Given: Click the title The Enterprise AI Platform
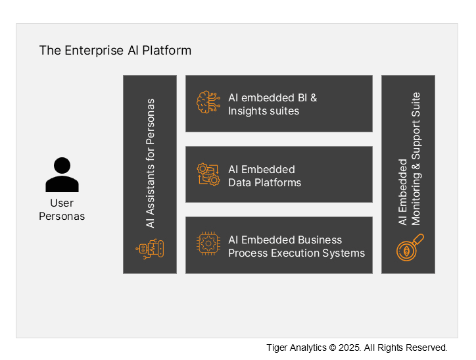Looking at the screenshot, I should pyautogui.click(x=115, y=50).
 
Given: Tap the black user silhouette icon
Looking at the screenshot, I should pyautogui.click(x=62, y=174).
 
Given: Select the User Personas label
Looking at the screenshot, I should pyautogui.click(x=62, y=209).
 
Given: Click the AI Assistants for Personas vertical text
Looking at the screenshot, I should pyautogui.click(x=151, y=163).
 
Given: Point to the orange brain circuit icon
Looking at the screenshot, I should pyautogui.click(x=208, y=103).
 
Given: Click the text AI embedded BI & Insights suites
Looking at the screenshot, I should pyautogui.click(x=272, y=104).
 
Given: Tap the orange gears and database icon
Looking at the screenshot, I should pyautogui.click(x=208, y=174).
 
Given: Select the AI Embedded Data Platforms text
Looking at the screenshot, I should pyautogui.click(x=264, y=176).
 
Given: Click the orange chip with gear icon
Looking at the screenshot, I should pyautogui.click(x=208, y=245).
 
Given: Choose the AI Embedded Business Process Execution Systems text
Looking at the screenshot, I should pyautogui.click(x=296, y=246).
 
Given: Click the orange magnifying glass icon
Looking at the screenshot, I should pyautogui.click(x=410, y=247).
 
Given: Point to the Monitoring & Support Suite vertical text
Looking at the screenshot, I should pyautogui.click(x=416, y=159).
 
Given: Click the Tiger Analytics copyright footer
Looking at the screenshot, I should pyautogui.click(x=356, y=347).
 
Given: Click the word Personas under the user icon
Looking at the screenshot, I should pyautogui.click(x=62, y=216).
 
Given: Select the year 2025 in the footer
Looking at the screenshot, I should pyautogui.click(x=348, y=347).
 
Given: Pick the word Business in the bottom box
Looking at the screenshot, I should pyautogui.click(x=320, y=240).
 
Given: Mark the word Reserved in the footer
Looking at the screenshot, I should pyautogui.click(x=427, y=347).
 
